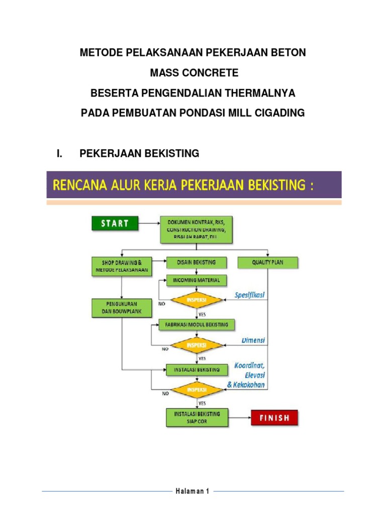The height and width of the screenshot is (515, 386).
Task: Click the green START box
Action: click(114, 223)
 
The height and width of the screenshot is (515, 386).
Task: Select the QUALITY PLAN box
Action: click(267, 263)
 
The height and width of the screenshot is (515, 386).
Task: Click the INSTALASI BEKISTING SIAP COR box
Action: click(197, 417)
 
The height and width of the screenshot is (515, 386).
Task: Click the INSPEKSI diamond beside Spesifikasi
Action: click(198, 301)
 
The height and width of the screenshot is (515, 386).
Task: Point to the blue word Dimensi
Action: click(252, 340)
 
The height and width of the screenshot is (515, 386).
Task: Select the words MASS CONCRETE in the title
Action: click(194, 73)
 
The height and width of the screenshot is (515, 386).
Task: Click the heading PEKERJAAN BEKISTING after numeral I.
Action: click(140, 153)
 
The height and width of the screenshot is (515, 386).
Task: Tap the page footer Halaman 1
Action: click(192, 491)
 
